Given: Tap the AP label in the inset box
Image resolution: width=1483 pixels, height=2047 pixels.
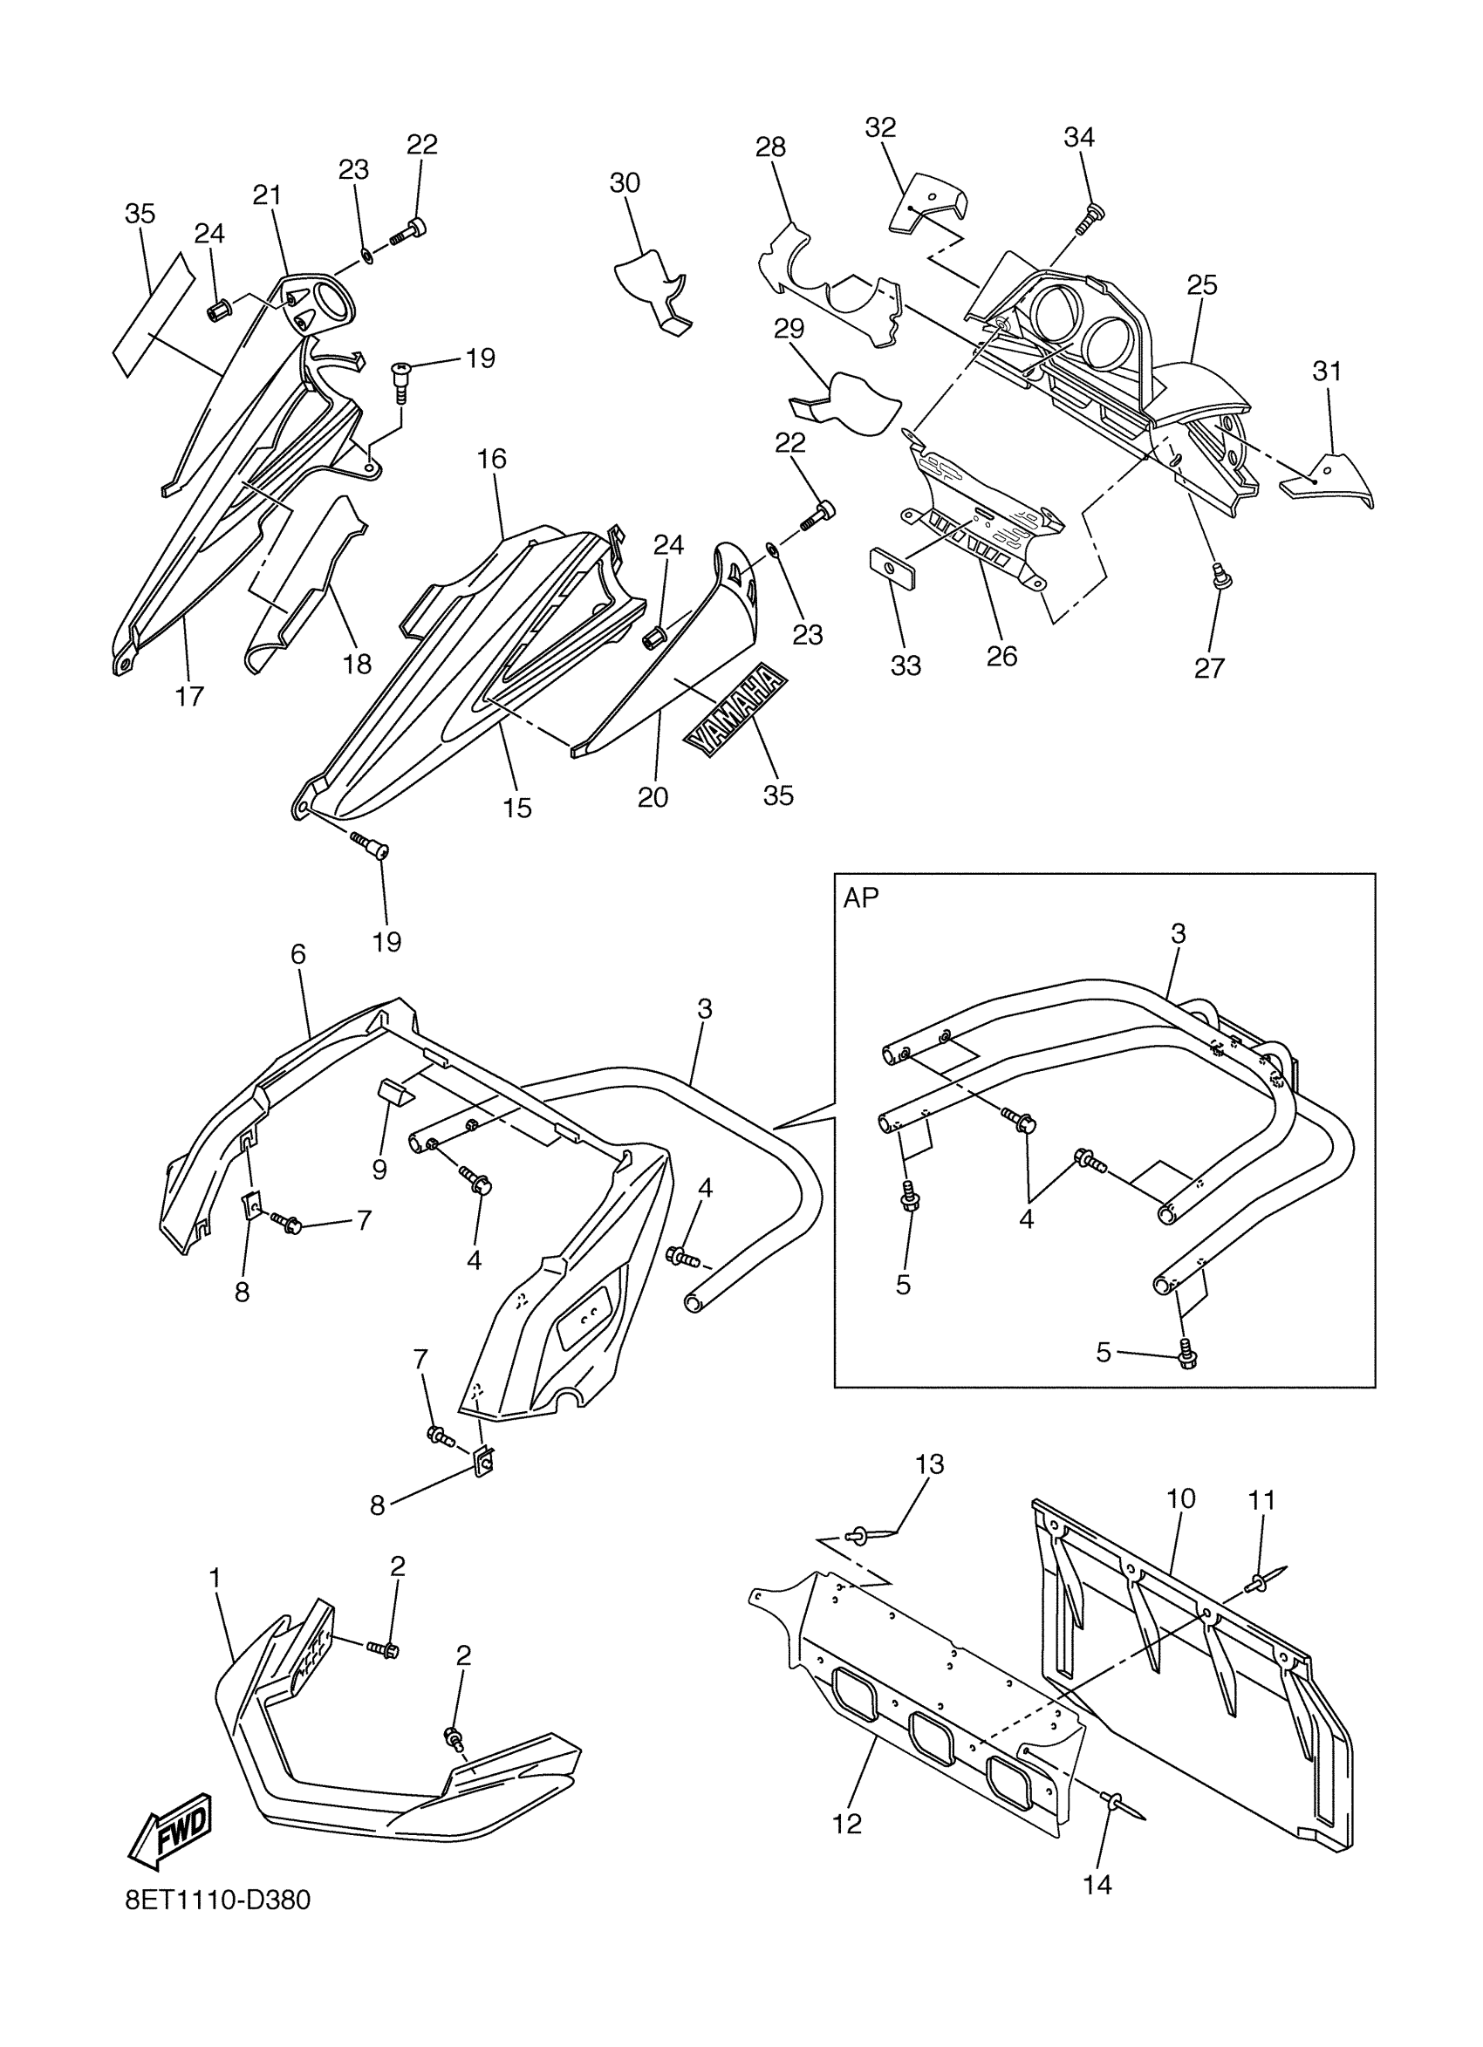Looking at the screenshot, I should [860, 898].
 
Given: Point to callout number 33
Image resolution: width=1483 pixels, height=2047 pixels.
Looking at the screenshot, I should [906, 665].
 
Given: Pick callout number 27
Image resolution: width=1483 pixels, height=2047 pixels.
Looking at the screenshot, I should [1209, 668].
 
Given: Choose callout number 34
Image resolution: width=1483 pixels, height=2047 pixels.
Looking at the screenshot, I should [1078, 137].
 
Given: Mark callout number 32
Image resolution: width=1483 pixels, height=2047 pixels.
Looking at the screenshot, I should [880, 127].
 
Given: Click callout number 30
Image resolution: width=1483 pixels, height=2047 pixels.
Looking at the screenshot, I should [625, 183].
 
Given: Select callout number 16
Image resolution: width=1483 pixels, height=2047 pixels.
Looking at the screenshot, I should [492, 460].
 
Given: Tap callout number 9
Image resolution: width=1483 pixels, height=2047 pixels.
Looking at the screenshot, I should [379, 1170].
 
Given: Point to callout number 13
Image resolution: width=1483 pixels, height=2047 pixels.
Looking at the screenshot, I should [930, 1464].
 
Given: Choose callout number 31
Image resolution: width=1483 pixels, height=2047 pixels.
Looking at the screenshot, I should [1327, 371].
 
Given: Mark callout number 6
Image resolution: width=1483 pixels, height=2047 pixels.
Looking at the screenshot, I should [297, 954].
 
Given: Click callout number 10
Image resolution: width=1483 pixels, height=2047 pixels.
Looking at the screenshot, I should [1180, 1498].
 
